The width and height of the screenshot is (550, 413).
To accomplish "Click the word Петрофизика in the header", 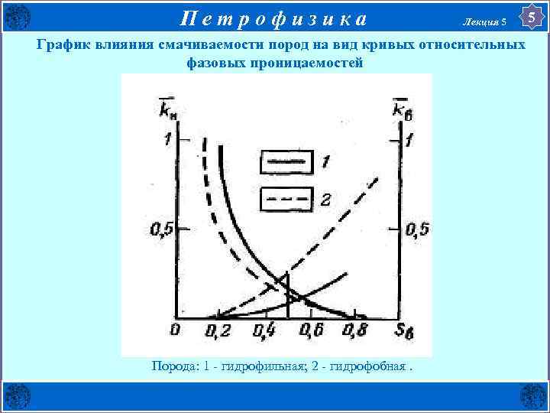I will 273,17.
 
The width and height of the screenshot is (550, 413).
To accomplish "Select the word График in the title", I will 63,45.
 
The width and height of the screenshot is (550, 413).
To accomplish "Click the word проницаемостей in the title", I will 306,63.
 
